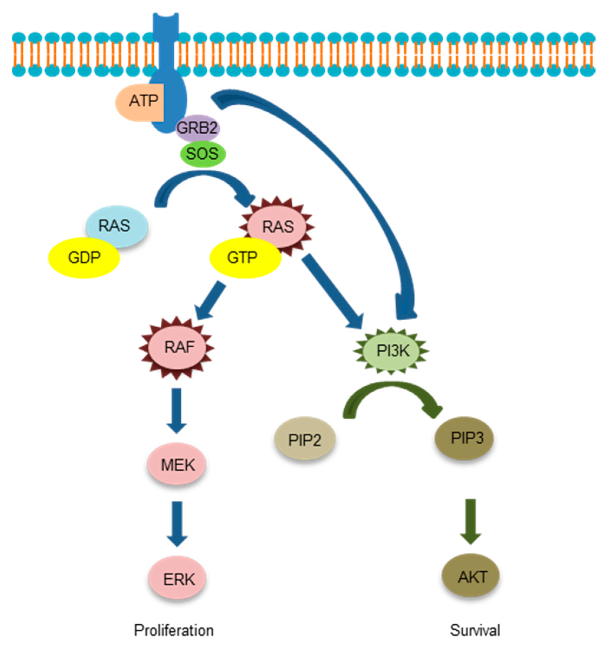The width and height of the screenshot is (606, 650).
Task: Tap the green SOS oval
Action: tap(203, 154)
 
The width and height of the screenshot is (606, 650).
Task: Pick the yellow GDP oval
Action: tap(84, 258)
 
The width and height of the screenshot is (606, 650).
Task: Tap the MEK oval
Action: tap(177, 464)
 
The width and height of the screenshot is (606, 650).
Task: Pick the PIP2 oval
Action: tap(304, 439)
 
